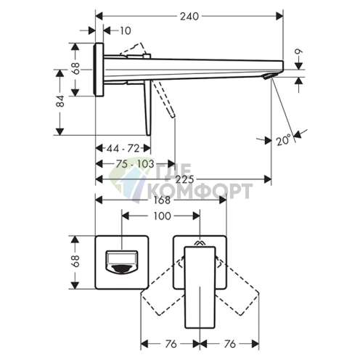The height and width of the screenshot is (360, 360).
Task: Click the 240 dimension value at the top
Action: pyautogui.click(x=189, y=17)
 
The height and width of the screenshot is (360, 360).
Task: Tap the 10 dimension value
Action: pyautogui.click(x=126, y=30)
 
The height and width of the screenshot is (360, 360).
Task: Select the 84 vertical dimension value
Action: pyautogui.click(x=60, y=101)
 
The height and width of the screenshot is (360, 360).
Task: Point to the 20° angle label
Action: pyautogui.click(x=283, y=140)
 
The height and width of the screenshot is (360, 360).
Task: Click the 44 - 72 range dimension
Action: pyautogui.click(x=123, y=148)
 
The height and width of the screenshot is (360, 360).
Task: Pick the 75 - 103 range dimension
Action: pyautogui.click(x=135, y=164)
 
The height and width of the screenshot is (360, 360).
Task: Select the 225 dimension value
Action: pyautogui.click(x=184, y=179)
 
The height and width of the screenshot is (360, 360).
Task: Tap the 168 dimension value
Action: pyautogui.click(x=162, y=200)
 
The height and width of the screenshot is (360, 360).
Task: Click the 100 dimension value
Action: pyautogui.click(x=162, y=216)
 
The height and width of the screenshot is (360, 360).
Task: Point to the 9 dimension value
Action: pyautogui.click(x=299, y=52)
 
